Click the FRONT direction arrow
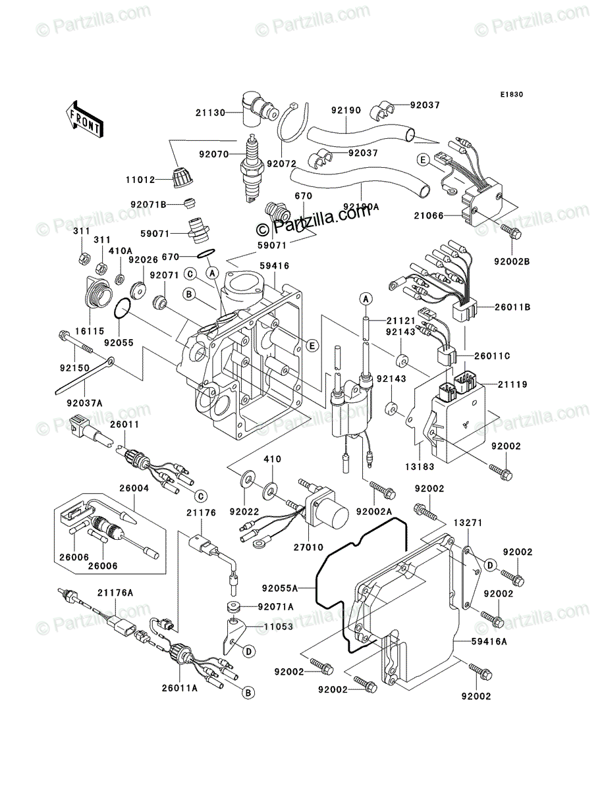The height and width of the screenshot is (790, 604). (84, 119)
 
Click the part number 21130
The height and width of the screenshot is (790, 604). (210, 113)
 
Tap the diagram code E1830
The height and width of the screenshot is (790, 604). (511, 95)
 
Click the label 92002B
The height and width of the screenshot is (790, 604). (512, 261)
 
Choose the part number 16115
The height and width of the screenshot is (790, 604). (90, 330)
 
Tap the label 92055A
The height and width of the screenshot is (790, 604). (280, 589)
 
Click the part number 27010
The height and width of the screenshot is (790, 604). (308, 548)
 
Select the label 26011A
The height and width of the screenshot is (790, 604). (180, 688)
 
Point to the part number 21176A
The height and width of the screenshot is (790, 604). (115, 592)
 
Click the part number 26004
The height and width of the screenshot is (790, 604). (134, 488)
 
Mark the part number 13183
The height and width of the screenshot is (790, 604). (420, 467)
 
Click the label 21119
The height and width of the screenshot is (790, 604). (512, 384)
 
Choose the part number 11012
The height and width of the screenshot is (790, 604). (140, 180)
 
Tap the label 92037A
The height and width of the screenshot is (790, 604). (84, 404)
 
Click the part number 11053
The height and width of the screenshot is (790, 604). (278, 627)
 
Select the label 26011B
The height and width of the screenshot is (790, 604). (512, 307)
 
